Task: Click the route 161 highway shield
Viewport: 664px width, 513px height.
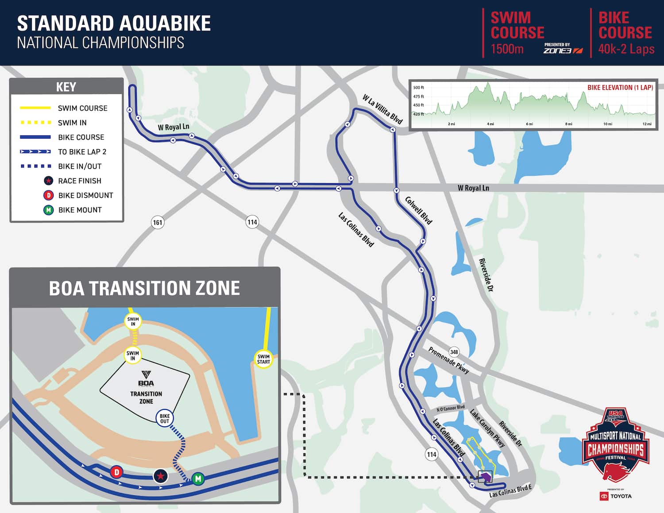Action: point(158,222)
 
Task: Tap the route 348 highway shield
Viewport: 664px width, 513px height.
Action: point(454,352)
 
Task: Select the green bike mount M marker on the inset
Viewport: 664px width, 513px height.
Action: point(198,478)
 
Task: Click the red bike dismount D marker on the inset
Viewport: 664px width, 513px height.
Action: point(116,472)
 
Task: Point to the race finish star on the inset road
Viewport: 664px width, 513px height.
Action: point(160,476)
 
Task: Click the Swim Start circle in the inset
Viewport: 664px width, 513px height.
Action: point(263,359)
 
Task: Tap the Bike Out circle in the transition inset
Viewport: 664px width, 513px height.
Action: point(165,418)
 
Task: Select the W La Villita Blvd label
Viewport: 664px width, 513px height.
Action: point(382,109)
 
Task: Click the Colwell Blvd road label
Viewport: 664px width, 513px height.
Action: point(418,210)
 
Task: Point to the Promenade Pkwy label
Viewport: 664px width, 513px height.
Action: point(448,360)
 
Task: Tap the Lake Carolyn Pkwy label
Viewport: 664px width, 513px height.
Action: point(487,428)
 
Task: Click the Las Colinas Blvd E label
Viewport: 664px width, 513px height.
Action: point(510,490)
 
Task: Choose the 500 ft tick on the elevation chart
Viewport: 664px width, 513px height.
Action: point(418,88)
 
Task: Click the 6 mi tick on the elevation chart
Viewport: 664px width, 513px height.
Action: point(529,124)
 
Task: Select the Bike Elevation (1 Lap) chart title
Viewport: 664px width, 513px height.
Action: point(620,88)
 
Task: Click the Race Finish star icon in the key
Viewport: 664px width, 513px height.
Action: point(49,181)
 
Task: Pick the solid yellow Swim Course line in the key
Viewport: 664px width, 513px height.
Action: point(35,108)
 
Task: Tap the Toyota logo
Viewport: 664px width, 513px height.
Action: point(616,496)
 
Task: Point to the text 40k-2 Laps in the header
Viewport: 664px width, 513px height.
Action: point(626,49)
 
